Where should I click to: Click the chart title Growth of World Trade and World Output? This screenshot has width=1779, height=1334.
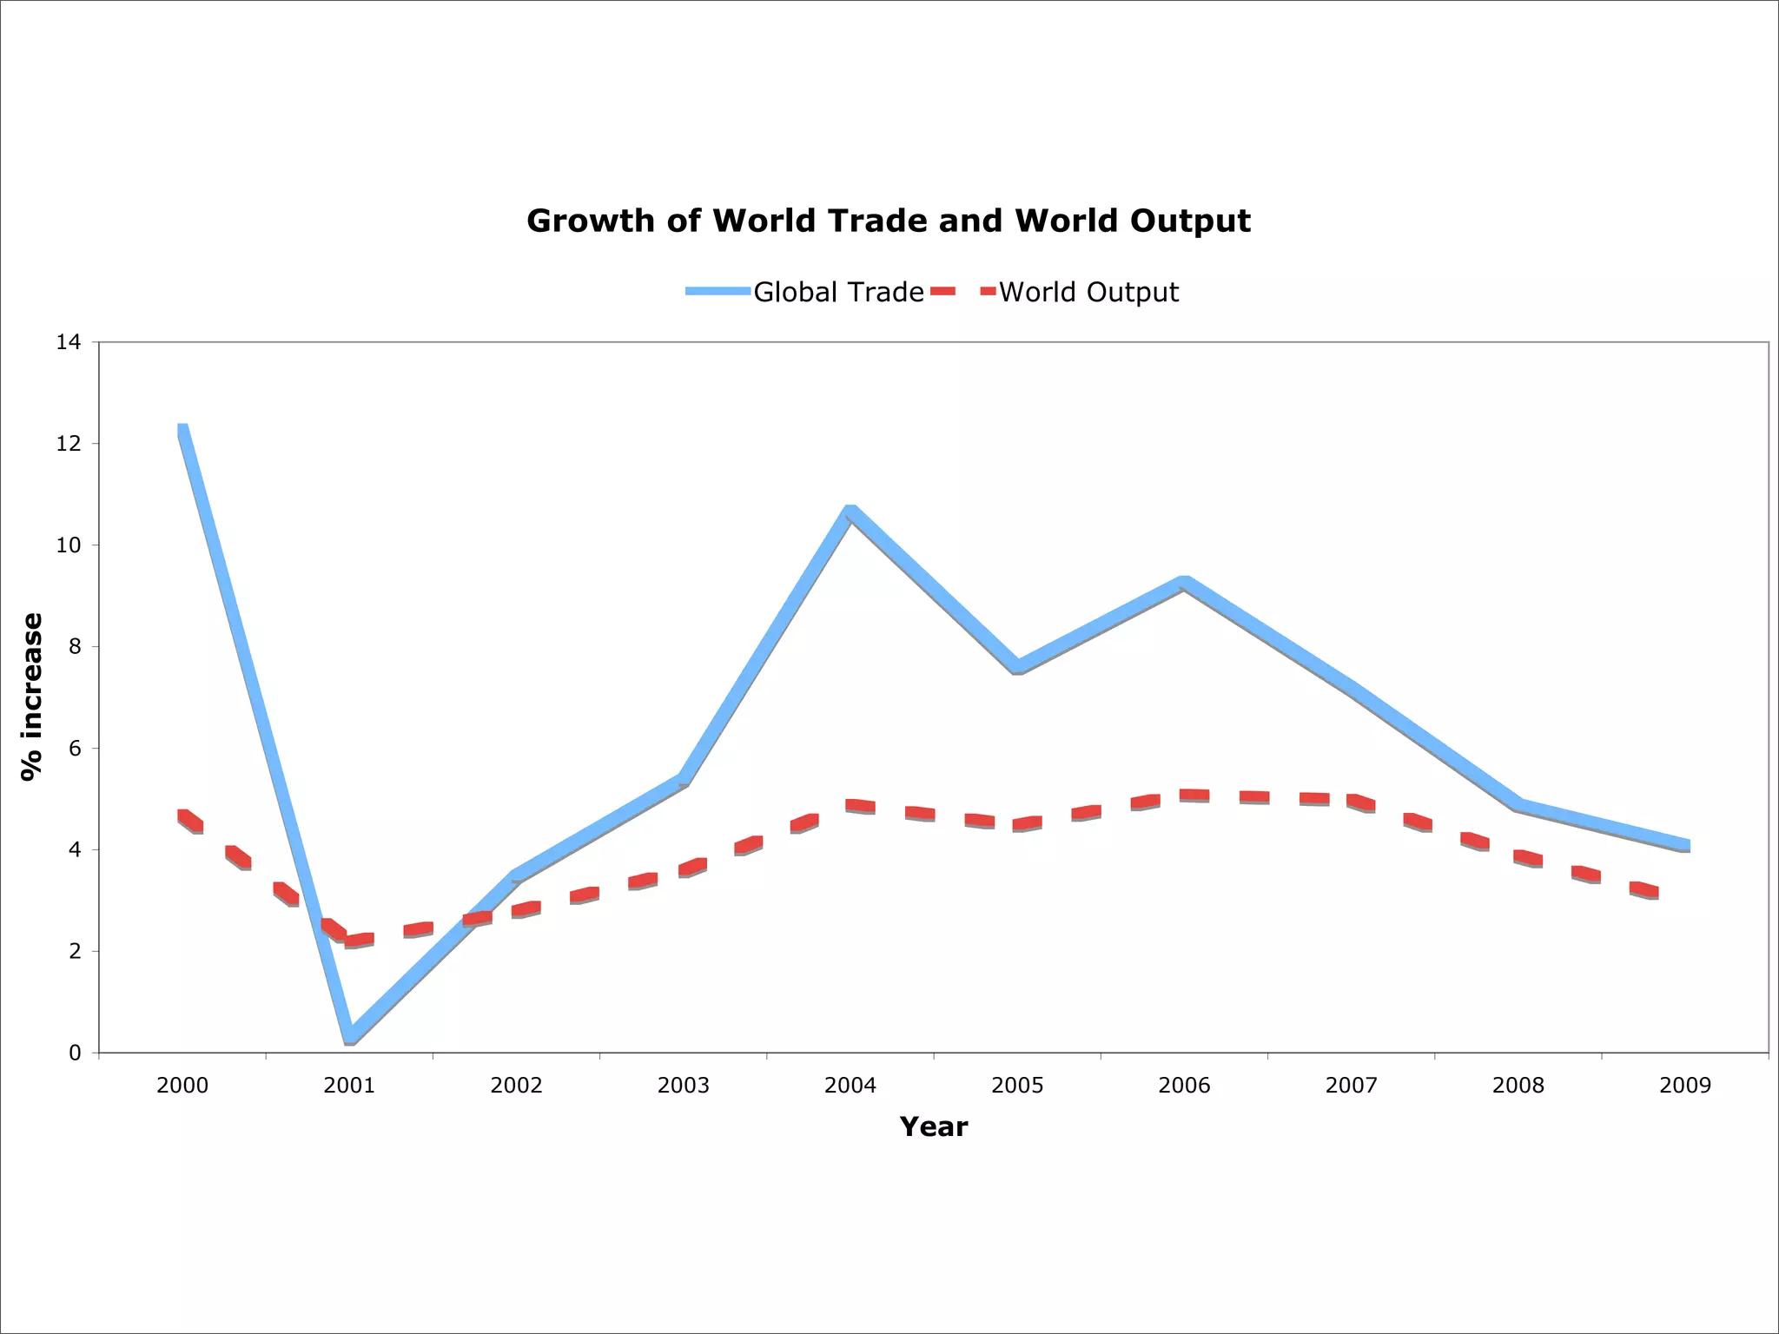point(889,221)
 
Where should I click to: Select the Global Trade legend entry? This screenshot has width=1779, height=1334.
point(837,292)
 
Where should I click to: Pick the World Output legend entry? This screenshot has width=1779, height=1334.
point(1088,292)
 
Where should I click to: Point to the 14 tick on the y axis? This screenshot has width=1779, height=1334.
point(69,342)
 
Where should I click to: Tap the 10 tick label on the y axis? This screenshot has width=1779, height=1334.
point(69,545)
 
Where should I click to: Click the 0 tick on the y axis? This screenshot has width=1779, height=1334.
point(75,1053)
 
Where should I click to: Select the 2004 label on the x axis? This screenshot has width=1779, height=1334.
point(850,1086)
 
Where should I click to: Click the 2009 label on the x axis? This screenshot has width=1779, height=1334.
point(1685,1086)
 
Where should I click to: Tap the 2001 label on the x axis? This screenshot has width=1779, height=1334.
point(349,1086)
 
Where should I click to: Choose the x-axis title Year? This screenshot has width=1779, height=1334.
point(934,1127)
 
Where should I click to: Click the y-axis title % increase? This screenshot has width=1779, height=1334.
point(32,697)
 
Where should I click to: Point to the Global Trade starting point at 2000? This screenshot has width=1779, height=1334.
point(182,429)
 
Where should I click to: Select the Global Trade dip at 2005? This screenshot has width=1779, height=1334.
point(1017,666)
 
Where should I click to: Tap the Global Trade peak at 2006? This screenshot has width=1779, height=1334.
point(1184,583)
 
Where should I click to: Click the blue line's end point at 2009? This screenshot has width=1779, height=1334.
point(1685,845)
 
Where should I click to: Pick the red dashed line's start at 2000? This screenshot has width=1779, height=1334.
point(183,816)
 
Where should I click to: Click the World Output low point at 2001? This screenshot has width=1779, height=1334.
point(350,941)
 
